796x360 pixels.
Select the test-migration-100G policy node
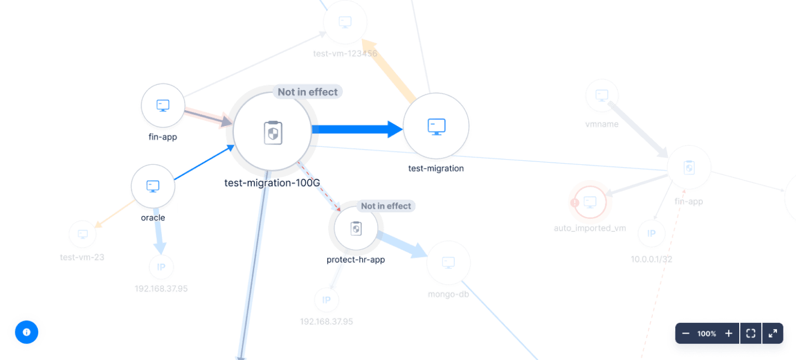[272, 131]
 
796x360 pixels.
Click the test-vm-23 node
[83, 234]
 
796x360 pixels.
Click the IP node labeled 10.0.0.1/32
[652, 233]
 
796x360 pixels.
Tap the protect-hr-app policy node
[355, 228]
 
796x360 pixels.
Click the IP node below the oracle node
[161, 267]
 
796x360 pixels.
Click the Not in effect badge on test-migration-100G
[308, 92]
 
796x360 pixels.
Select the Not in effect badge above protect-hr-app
[386, 206]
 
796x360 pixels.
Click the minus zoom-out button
[686, 334]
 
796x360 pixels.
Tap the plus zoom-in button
[729, 334]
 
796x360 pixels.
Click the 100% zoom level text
[707, 334]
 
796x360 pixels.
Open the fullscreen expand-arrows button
[772, 334]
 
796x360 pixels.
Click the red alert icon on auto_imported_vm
[575, 202]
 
